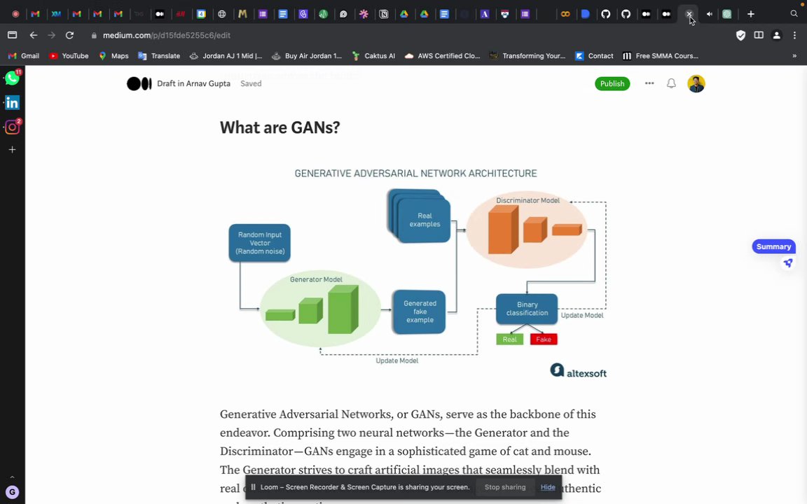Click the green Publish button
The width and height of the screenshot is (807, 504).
pos(612,84)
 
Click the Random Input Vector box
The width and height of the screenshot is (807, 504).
pos(259,243)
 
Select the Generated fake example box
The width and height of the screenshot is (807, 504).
pos(419,311)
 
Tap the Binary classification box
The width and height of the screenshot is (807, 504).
pos(527,309)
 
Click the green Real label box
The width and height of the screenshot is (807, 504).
pos(509,339)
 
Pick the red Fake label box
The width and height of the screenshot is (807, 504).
pos(544,339)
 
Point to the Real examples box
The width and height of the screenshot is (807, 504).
pos(424,220)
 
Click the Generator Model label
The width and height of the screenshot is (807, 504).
pos(316,279)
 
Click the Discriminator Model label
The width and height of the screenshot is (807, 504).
pos(527,201)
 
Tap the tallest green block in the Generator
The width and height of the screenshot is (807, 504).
pos(343,309)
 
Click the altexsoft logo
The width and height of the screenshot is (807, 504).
pos(578,371)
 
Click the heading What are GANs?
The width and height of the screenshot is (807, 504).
pos(280,127)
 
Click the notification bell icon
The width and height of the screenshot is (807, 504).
pos(671,84)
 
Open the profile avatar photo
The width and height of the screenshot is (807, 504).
pos(696,84)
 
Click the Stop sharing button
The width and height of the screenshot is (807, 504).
pos(504,487)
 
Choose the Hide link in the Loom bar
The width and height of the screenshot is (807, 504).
pos(548,487)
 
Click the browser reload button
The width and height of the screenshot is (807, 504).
pos(69,35)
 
